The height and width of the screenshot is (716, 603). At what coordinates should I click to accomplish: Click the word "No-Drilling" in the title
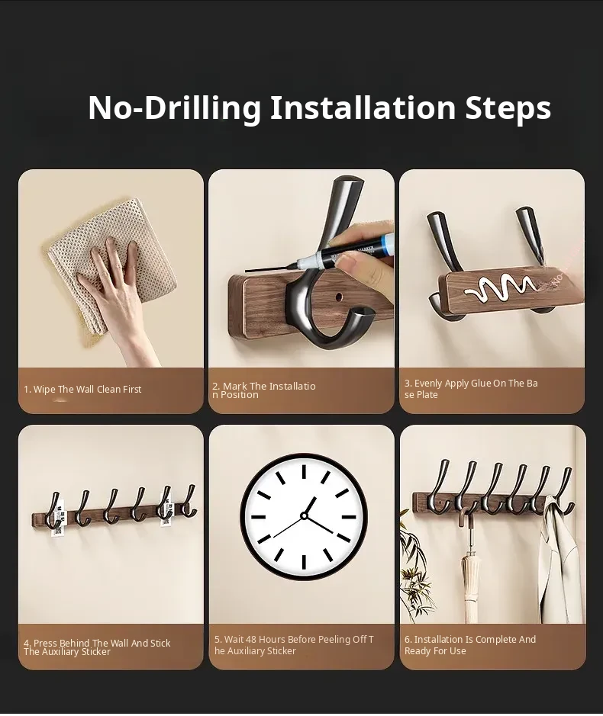click(x=174, y=108)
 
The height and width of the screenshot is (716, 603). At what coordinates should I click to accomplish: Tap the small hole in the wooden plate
click(x=339, y=297)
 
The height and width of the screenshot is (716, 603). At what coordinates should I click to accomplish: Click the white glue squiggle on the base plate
click(x=499, y=287)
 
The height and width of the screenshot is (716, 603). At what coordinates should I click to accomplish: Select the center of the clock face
click(x=304, y=516)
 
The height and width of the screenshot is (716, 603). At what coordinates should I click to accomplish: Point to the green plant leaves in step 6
click(x=413, y=567)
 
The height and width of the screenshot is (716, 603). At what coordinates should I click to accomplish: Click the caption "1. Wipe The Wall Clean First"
click(x=82, y=390)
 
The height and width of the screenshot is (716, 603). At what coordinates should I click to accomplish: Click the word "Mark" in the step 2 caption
click(x=234, y=387)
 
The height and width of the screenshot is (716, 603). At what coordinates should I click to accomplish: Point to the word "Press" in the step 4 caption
click(x=46, y=644)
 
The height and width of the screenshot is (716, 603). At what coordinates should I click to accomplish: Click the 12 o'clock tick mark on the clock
click(x=304, y=471)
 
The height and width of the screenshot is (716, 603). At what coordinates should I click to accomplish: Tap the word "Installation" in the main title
click(x=363, y=108)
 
